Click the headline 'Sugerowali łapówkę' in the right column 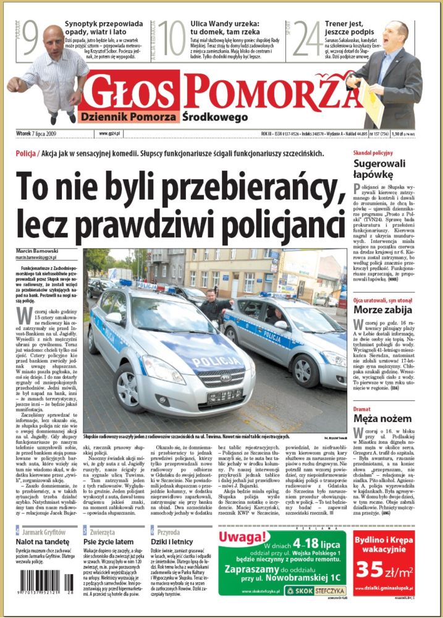pyautogui.click(x=379, y=169)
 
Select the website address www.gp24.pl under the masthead pyautogui.click(x=109, y=133)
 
